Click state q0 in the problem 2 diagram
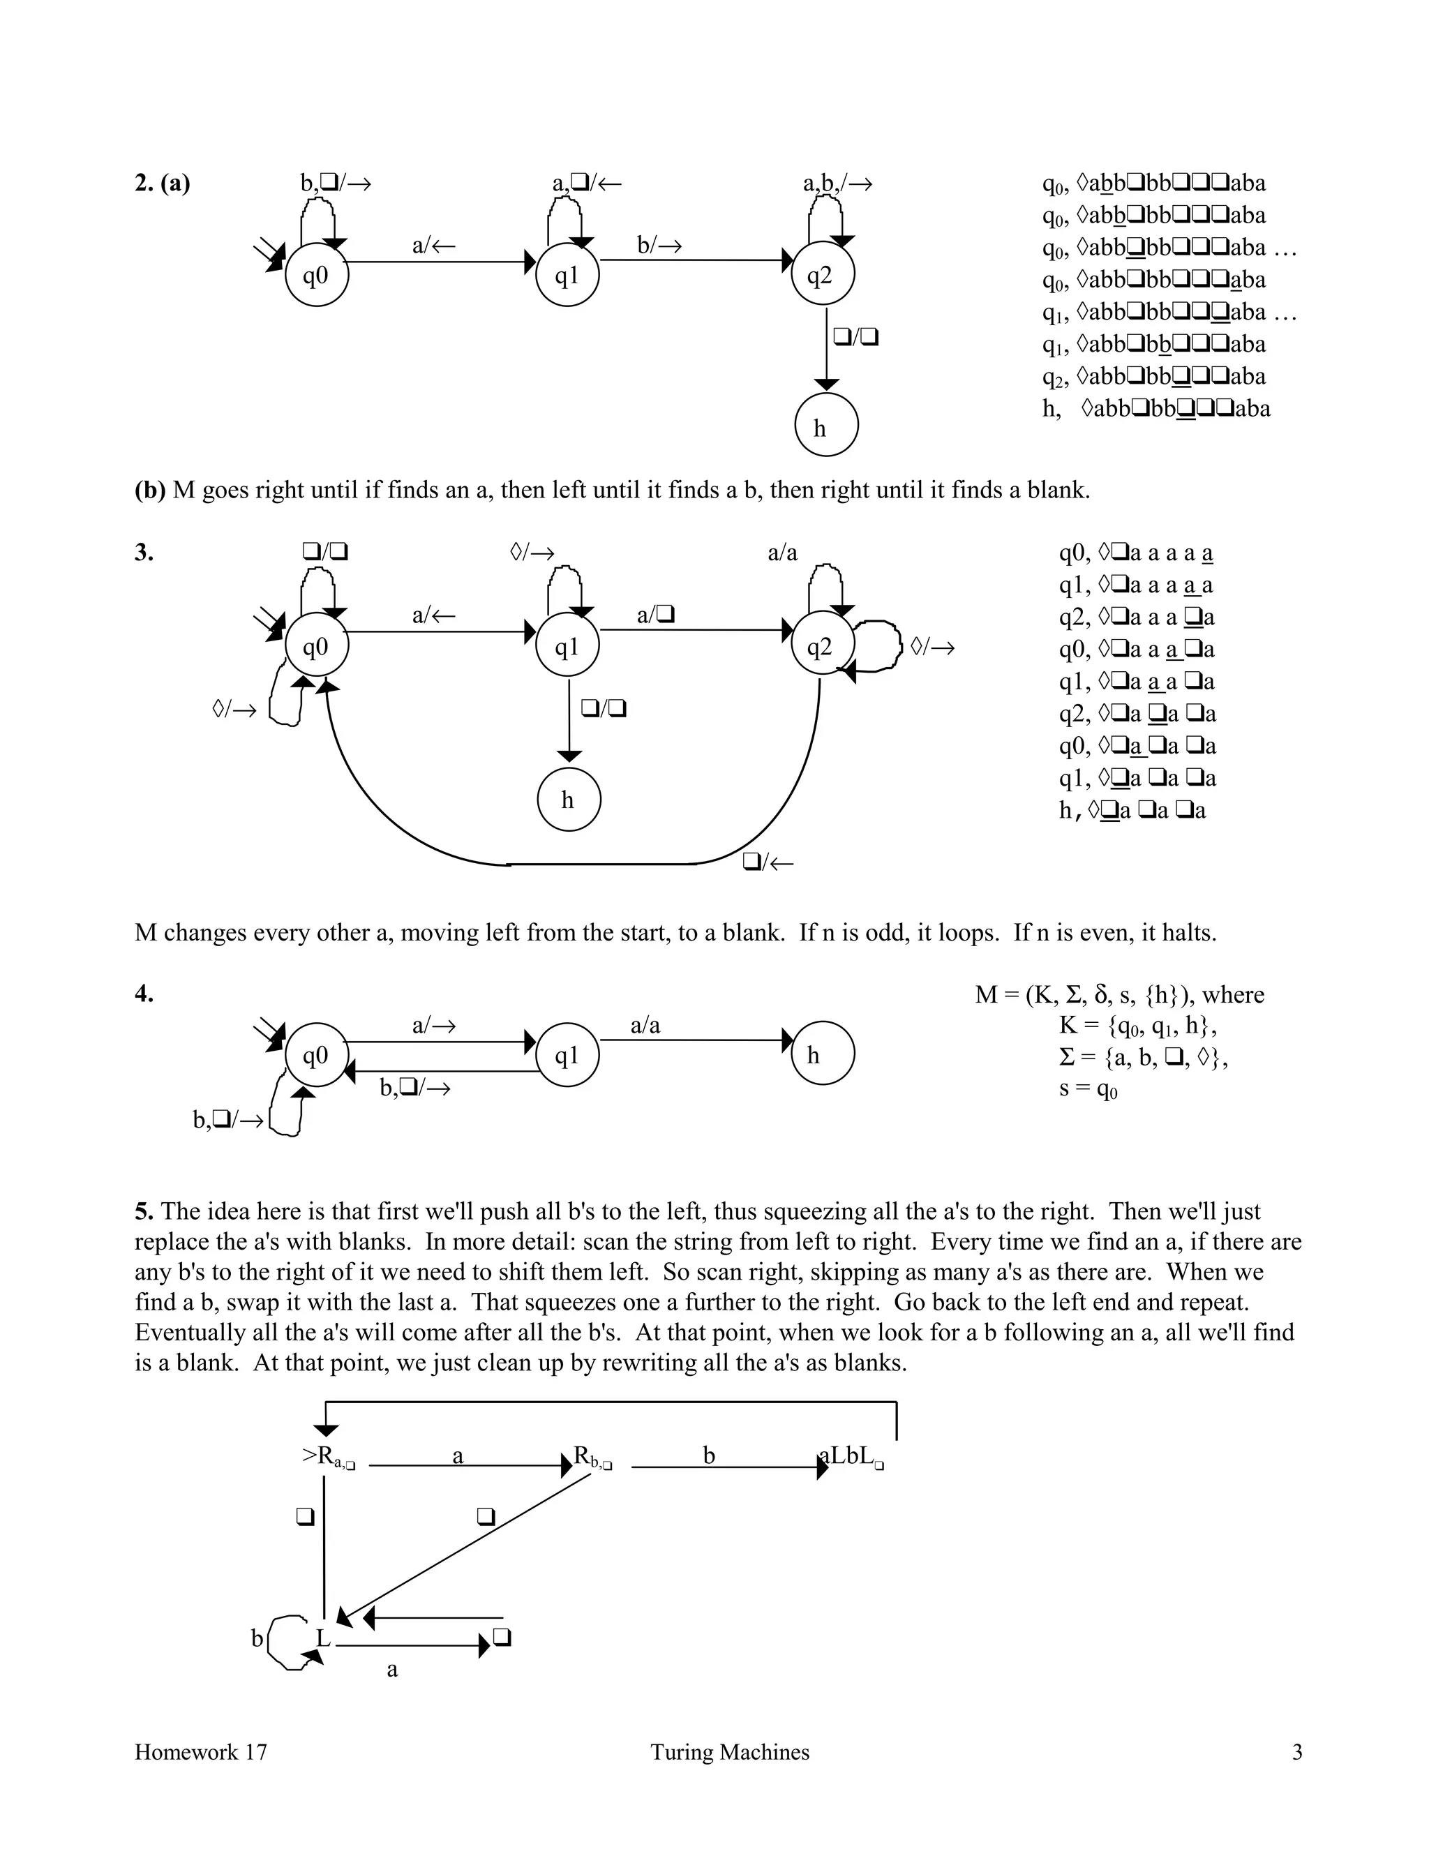[x=317, y=275]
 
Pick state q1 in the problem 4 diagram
[x=567, y=1055]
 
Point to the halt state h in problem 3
[x=569, y=799]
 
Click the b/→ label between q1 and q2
[x=659, y=246]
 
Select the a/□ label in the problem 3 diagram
[x=655, y=615]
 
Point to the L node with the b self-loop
[x=322, y=1639]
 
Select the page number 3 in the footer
[x=1296, y=1751]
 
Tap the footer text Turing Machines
[x=730, y=1751]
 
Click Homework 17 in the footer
[x=201, y=1751]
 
